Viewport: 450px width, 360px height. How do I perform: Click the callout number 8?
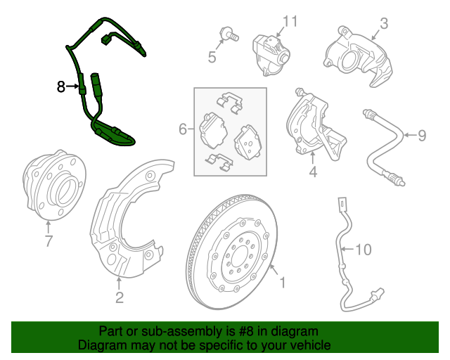(61, 86)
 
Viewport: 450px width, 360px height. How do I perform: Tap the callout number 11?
(290, 22)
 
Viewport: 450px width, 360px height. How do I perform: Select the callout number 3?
(384, 23)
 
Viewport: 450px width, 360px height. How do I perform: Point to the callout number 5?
(212, 57)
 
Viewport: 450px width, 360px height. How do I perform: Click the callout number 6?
(183, 129)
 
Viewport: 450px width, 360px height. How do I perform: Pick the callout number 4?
(313, 172)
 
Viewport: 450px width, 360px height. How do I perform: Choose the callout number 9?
(422, 135)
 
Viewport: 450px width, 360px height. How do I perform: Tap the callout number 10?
(364, 250)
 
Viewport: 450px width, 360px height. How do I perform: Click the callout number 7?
(49, 240)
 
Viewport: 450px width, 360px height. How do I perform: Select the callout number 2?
(120, 297)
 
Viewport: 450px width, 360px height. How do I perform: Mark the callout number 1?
(283, 283)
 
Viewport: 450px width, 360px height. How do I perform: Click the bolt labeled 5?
(229, 34)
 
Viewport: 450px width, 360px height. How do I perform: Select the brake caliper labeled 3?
(358, 56)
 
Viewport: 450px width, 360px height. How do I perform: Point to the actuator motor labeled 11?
(271, 55)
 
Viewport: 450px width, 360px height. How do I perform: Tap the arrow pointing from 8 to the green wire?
(72, 86)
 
